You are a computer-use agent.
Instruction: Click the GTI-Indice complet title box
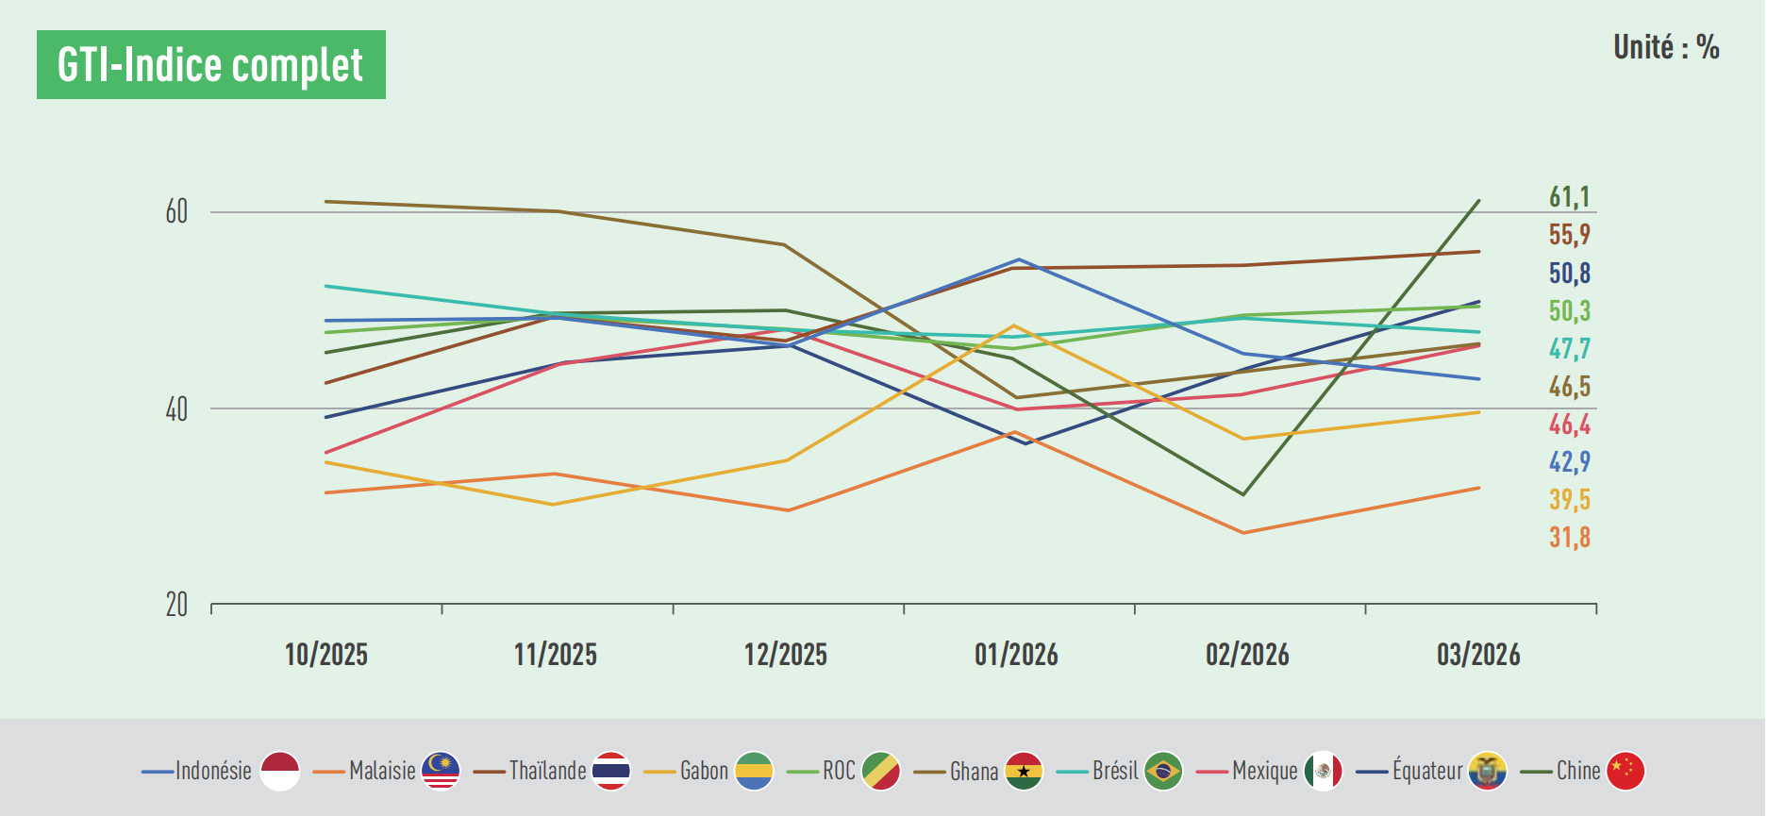tap(210, 65)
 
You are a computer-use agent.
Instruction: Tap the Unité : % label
tap(1665, 47)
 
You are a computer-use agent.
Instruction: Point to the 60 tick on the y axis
tap(176, 212)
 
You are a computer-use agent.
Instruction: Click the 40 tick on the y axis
tap(176, 409)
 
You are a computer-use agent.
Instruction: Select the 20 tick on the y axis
tap(176, 605)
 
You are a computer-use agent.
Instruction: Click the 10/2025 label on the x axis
tap(325, 655)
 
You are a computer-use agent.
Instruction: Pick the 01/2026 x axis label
tap(1016, 655)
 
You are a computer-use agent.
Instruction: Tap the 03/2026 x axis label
tap(1477, 655)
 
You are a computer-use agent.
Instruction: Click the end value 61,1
tap(1569, 197)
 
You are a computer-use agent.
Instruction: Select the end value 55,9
tap(1569, 235)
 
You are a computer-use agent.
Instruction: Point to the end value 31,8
tap(1569, 538)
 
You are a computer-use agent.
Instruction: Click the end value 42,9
tap(1569, 462)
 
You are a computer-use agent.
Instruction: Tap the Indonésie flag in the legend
tap(280, 771)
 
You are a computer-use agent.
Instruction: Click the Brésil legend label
tap(1115, 771)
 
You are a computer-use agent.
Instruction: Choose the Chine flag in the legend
tap(1625, 771)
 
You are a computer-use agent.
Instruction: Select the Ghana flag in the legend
tap(1024, 771)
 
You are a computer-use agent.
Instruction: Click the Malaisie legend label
tap(382, 771)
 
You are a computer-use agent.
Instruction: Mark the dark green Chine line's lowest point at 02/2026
tap(1243, 494)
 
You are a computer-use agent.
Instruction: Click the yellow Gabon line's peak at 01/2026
tap(1015, 326)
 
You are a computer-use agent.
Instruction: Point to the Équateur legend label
tap(1427, 771)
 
